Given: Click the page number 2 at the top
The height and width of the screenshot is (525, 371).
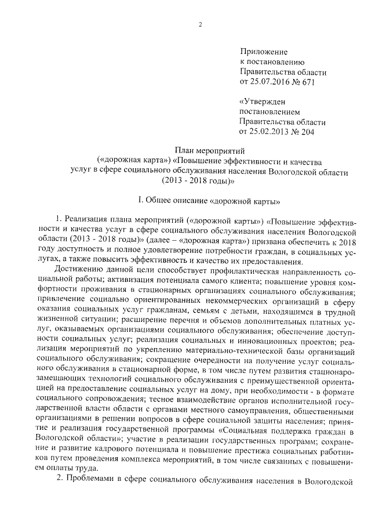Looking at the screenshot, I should (x=199, y=24).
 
